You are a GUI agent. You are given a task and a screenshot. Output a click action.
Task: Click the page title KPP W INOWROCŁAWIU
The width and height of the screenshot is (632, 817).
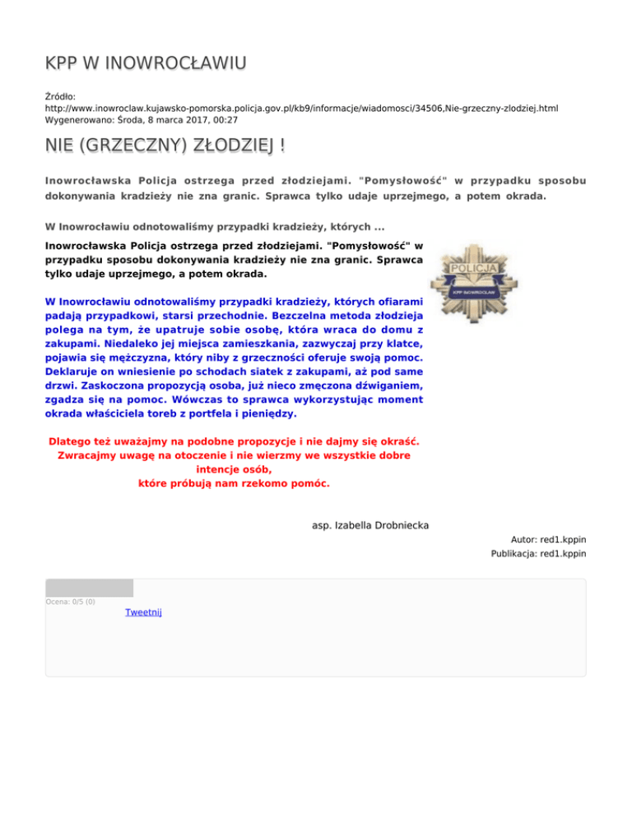(x=146, y=63)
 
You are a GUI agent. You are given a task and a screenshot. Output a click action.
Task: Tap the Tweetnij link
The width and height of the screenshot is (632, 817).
(x=143, y=612)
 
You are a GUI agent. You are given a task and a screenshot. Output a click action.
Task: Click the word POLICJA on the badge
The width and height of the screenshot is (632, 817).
(x=473, y=269)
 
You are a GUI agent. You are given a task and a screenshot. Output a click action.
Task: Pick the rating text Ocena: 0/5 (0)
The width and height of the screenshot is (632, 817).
(x=70, y=602)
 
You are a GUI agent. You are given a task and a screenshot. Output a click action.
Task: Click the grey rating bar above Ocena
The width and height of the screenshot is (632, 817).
(x=89, y=588)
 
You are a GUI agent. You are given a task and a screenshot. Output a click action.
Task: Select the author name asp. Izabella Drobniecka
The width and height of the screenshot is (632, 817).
(x=371, y=524)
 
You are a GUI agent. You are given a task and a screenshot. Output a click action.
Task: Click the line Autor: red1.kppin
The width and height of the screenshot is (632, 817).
(x=548, y=540)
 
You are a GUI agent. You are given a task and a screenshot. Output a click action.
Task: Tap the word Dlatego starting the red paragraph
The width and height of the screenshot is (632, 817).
(x=75, y=440)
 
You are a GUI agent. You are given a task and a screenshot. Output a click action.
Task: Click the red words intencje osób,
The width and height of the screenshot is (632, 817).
(x=235, y=469)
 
